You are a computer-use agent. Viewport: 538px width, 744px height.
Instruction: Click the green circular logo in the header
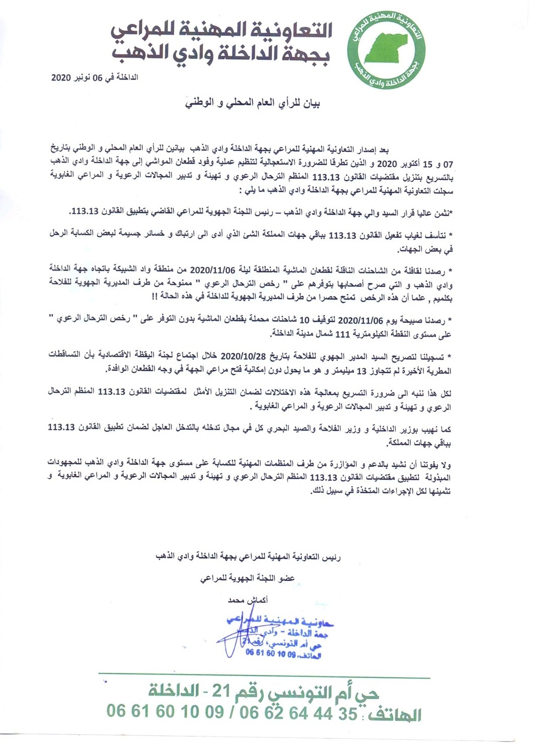387,49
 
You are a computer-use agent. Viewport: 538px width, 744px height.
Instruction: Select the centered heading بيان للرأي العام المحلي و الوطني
253,103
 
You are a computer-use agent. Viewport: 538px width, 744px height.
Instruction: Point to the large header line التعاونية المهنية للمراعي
221,30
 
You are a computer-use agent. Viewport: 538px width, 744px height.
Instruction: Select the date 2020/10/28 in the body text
241,356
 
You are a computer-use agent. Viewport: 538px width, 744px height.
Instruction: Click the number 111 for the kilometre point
342,334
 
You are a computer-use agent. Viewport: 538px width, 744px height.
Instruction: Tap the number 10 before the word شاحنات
305,320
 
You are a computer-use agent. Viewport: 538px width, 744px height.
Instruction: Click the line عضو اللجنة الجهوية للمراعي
248,579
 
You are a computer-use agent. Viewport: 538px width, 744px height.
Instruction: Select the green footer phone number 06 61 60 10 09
165,711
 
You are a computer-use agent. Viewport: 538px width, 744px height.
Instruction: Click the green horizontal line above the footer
264,674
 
